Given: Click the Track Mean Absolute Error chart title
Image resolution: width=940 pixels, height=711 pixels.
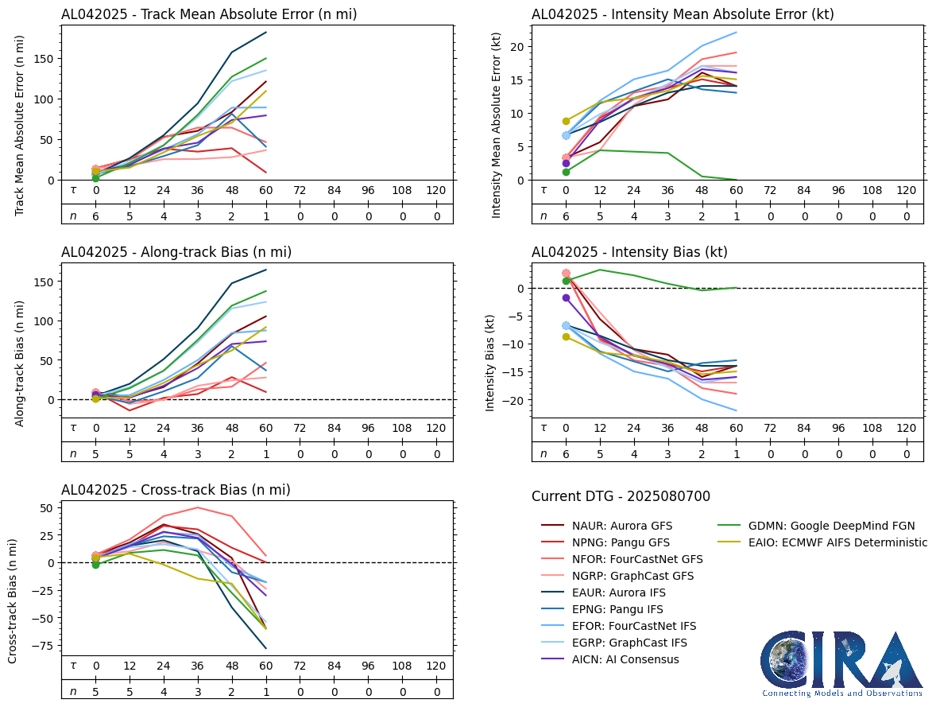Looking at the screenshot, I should (x=209, y=14).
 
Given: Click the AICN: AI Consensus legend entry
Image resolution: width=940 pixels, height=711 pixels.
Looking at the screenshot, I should (x=625, y=659).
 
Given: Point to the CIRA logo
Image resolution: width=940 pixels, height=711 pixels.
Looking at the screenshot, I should (x=841, y=664).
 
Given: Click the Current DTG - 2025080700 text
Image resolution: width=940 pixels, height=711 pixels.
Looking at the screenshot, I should (x=621, y=496).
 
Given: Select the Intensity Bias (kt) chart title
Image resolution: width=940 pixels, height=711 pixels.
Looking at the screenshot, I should (x=629, y=252).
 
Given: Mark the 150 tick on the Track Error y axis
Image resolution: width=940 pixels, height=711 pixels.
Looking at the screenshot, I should (x=44, y=59).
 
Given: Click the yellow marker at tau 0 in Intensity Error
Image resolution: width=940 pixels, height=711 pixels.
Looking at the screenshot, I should (x=566, y=121).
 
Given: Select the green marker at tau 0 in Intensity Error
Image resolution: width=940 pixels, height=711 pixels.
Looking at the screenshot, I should (x=566, y=172).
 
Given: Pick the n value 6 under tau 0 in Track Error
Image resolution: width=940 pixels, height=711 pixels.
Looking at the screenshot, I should (x=95, y=216).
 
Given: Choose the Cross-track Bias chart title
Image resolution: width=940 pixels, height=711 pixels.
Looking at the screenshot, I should (x=176, y=490).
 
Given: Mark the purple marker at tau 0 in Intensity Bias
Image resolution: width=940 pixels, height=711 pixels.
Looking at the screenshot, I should (x=566, y=297).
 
